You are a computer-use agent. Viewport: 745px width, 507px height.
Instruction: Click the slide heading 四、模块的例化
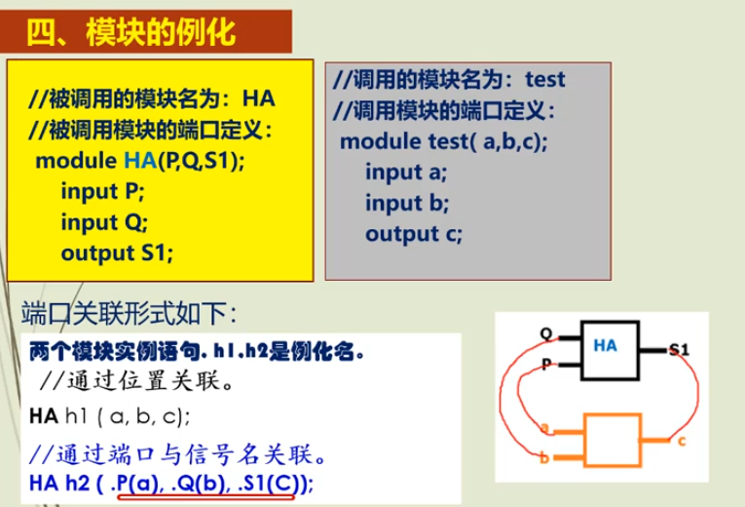tap(131, 32)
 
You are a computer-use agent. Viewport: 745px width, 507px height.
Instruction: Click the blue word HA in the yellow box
tap(140, 161)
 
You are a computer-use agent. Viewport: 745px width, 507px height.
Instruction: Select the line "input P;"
tap(102, 192)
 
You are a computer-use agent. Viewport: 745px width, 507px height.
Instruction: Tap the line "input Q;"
tap(104, 222)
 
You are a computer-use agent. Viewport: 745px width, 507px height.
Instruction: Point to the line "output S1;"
tap(117, 253)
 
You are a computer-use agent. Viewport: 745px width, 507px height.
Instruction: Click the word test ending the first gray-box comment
tap(545, 79)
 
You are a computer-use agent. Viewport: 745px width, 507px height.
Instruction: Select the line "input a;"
tap(406, 173)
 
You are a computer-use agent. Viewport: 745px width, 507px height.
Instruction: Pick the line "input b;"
tap(407, 203)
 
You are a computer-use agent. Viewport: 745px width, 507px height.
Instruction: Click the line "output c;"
tap(414, 234)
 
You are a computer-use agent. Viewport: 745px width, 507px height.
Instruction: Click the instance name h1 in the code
tap(76, 416)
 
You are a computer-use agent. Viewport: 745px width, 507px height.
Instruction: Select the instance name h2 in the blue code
tap(77, 484)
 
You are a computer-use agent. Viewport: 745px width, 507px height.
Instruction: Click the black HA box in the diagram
tap(610, 350)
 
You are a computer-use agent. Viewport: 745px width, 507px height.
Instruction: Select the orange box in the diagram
tap(613, 440)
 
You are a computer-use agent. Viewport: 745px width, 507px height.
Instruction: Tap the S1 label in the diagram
tap(679, 351)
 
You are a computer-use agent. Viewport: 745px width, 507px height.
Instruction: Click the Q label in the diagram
tap(546, 333)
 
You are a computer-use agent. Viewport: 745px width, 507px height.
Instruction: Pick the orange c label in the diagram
tap(682, 442)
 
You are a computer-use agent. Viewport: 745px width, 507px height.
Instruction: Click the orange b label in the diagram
tap(544, 458)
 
